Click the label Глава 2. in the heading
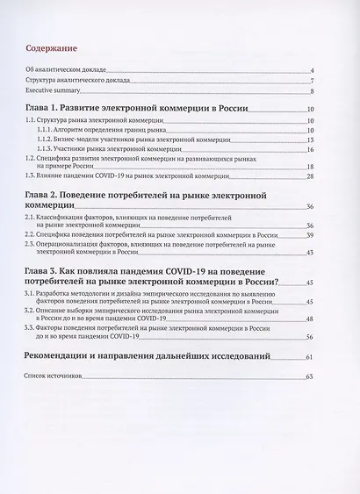pos(44,193)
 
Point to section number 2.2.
pos(32,234)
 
